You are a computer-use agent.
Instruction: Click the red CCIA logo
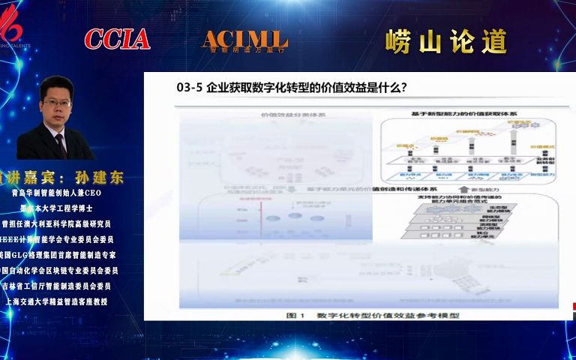pos(117,39)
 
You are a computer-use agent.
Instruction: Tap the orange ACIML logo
pos(244,40)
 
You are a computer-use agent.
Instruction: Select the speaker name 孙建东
pos(98,178)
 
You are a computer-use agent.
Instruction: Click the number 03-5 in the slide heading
pos(190,87)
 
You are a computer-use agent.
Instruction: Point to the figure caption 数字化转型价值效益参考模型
pos(386,316)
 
